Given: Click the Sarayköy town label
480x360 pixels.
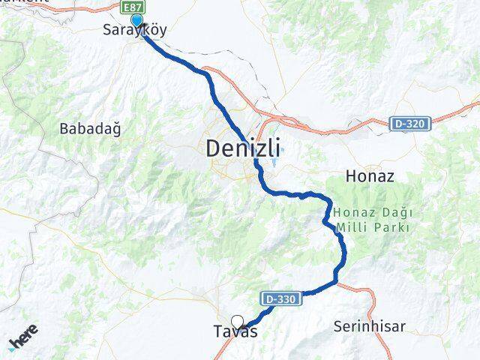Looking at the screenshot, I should coord(134,31).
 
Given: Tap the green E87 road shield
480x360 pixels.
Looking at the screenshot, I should coord(133,6).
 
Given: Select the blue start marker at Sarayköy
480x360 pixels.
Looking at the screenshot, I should coord(136,20).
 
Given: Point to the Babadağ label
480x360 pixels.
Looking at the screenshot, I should coord(89,128).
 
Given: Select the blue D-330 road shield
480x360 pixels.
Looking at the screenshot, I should coord(281,298).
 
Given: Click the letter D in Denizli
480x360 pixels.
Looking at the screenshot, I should coord(213,148).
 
